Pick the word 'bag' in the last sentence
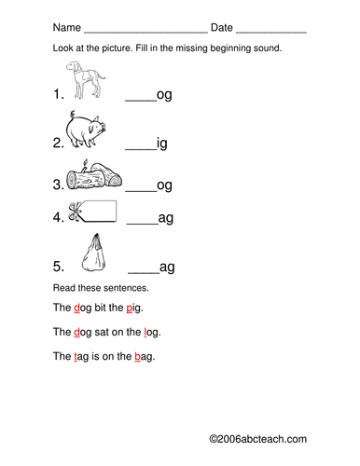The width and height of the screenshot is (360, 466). tap(145, 356)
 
